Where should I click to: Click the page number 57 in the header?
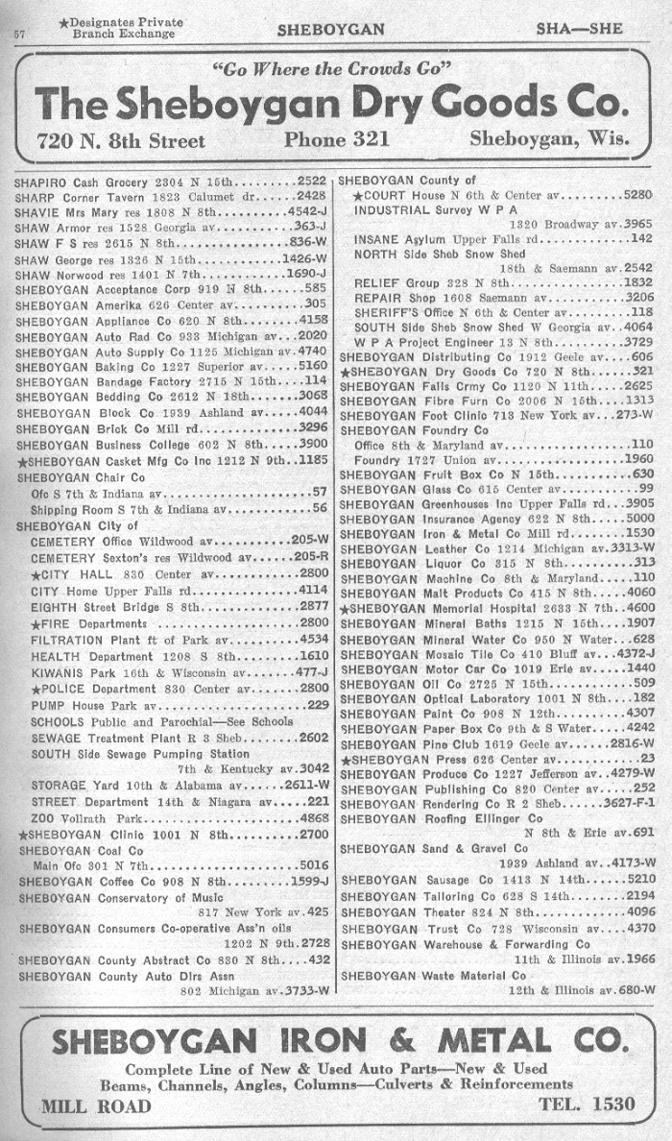point(18,33)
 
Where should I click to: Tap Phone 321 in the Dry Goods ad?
point(336,139)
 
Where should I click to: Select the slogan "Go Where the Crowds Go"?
point(331,69)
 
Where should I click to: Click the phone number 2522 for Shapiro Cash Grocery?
point(312,181)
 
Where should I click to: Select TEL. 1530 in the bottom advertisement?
point(588,1104)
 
